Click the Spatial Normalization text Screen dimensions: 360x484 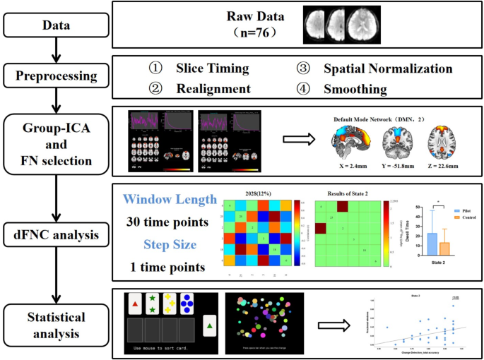[387, 68]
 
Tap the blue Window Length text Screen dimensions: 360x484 [169, 200]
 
